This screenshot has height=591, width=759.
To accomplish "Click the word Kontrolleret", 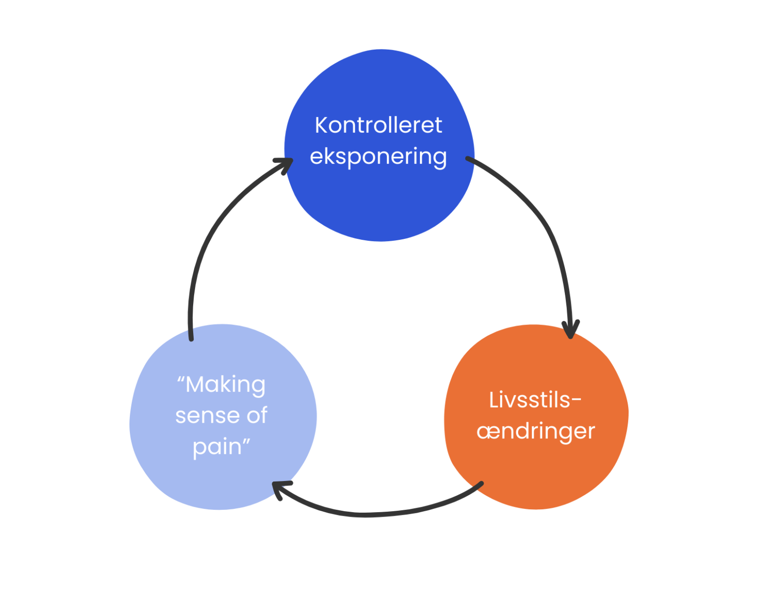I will [378, 125].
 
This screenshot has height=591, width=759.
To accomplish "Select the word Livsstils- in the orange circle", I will [530, 400].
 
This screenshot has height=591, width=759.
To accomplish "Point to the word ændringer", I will [536, 431].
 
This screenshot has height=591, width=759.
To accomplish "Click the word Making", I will [226, 385].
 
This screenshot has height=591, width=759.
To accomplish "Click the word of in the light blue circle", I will [257, 416].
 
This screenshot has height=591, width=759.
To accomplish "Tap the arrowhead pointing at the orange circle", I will [571, 329].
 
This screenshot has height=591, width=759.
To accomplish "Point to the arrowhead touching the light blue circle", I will [280, 488].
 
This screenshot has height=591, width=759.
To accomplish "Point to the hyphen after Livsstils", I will [577, 401].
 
